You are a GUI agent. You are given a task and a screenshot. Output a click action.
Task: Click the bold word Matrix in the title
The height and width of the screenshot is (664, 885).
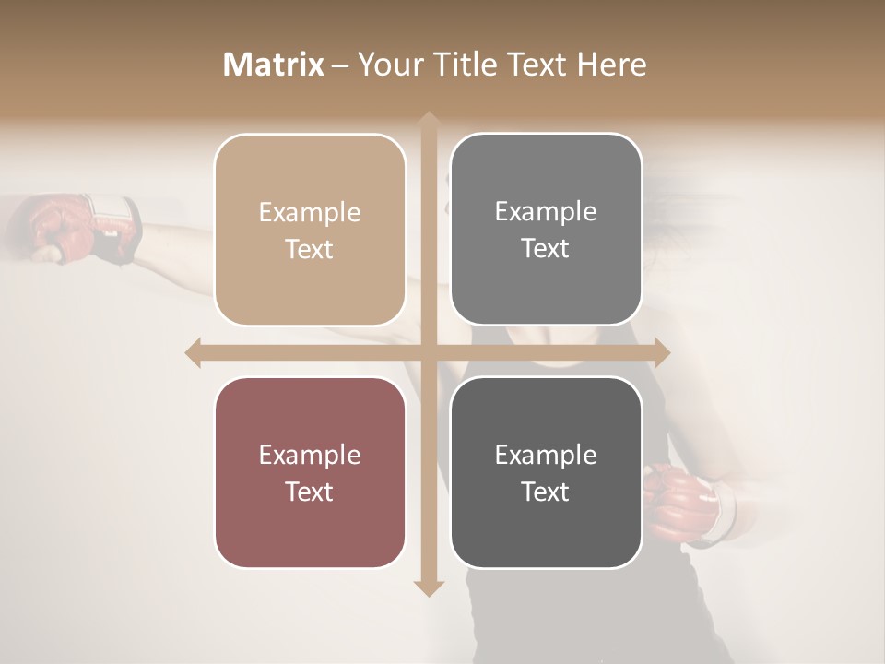[x=273, y=65]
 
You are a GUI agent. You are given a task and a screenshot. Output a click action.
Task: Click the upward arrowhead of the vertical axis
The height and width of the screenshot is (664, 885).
[x=428, y=120]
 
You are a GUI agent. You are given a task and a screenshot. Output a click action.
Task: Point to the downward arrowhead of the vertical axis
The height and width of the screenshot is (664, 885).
[x=428, y=587]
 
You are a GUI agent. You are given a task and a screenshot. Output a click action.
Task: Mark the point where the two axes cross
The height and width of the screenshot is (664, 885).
[x=428, y=352]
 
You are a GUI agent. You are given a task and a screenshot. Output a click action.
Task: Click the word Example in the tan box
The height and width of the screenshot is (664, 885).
[x=310, y=213]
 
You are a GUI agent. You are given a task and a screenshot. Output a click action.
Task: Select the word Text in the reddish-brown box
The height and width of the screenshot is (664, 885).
[x=310, y=492]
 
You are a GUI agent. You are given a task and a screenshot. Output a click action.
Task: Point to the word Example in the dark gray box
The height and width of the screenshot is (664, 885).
[x=546, y=455]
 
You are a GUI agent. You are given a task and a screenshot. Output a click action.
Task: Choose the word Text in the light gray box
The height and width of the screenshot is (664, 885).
[x=546, y=249]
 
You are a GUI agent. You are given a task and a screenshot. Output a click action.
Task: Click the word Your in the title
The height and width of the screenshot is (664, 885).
[x=389, y=65]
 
